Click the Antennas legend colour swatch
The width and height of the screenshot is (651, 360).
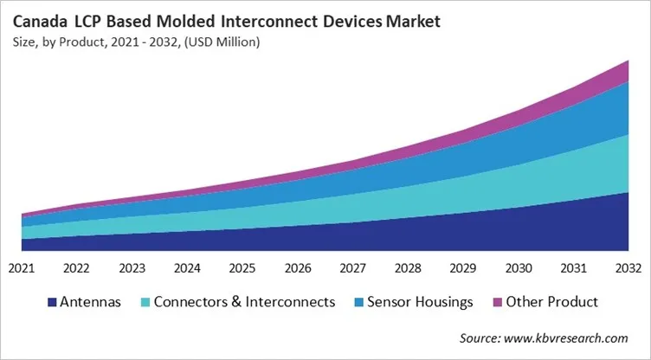point(52,302)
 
